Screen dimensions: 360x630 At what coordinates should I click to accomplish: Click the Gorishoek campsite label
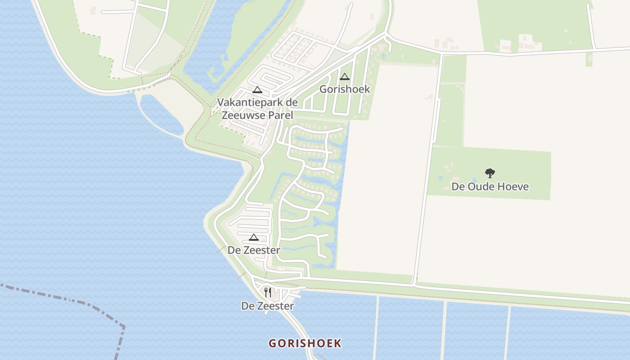click(345, 89)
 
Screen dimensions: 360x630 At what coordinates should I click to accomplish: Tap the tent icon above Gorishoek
click(345, 76)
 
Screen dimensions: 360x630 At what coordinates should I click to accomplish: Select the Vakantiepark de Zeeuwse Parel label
click(257, 108)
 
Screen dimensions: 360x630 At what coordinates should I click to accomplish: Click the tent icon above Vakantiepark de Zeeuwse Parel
click(257, 90)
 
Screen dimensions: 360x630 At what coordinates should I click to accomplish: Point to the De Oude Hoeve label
click(490, 186)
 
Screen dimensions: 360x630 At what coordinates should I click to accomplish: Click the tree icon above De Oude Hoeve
click(490, 173)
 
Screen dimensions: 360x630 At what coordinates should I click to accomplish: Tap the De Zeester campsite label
click(254, 250)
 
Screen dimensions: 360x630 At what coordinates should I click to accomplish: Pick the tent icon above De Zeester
click(254, 237)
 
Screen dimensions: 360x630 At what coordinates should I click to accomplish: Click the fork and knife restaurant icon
click(268, 292)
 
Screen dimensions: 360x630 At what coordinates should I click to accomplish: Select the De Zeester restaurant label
click(268, 306)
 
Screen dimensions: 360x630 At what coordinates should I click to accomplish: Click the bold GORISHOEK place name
click(305, 343)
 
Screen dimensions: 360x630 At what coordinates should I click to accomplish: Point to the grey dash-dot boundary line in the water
click(54, 295)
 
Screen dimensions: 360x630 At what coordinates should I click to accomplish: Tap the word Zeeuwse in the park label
click(243, 115)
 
